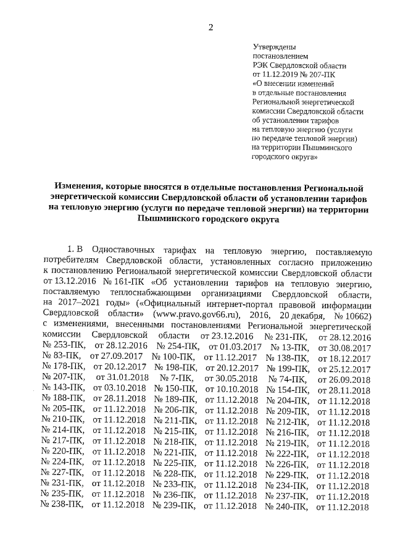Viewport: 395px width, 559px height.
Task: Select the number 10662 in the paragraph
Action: [x=356, y=313]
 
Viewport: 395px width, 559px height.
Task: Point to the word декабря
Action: [x=295, y=313]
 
